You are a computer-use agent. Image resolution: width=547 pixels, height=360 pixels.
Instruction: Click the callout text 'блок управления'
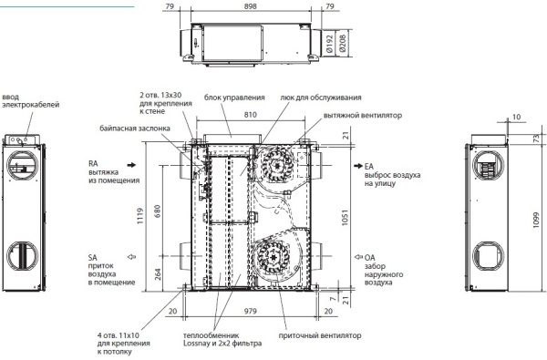point(234,97)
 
